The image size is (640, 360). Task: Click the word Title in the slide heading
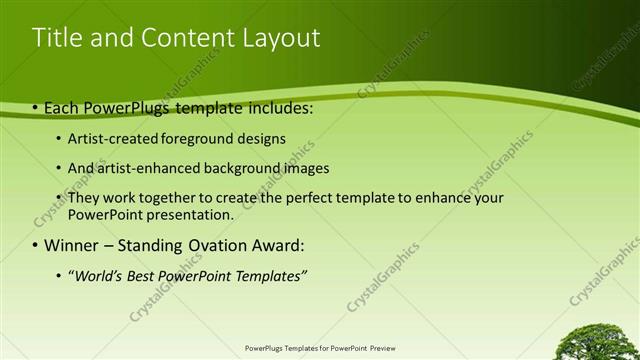point(56,38)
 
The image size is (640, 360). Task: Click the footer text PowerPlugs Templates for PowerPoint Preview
point(319,349)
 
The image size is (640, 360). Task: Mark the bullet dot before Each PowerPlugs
point(35,108)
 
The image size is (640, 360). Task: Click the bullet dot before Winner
point(35,245)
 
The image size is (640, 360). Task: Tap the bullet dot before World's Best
point(59,276)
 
